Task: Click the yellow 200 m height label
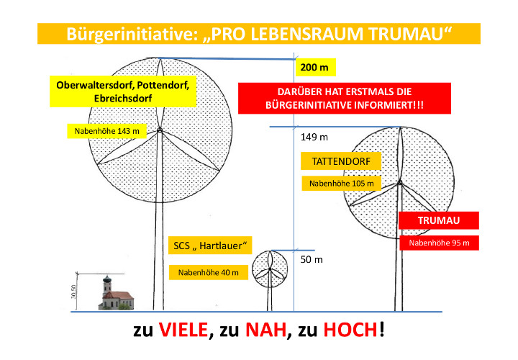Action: (x=316, y=68)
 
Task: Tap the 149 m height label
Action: (x=314, y=137)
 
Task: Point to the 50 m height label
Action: (x=312, y=259)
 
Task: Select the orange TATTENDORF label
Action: (x=341, y=161)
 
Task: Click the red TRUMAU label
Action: (x=439, y=220)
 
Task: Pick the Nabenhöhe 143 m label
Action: (x=106, y=131)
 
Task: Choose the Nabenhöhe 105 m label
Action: (x=341, y=183)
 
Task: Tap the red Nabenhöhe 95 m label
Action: (x=439, y=243)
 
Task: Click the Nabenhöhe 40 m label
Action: (x=209, y=272)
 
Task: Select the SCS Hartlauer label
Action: (x=210, y=246)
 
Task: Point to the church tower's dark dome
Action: (x=106, y=280)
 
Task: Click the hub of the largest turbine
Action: (x=160, y=130)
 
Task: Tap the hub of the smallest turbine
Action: (x=270, y=269)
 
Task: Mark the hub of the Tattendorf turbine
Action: (x=400, y=182)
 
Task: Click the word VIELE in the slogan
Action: (x=183, y=330)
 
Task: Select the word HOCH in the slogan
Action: (x=350, y=330)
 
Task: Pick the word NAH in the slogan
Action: (x=266, y=330)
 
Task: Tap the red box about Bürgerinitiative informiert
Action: (x=345, y=98)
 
